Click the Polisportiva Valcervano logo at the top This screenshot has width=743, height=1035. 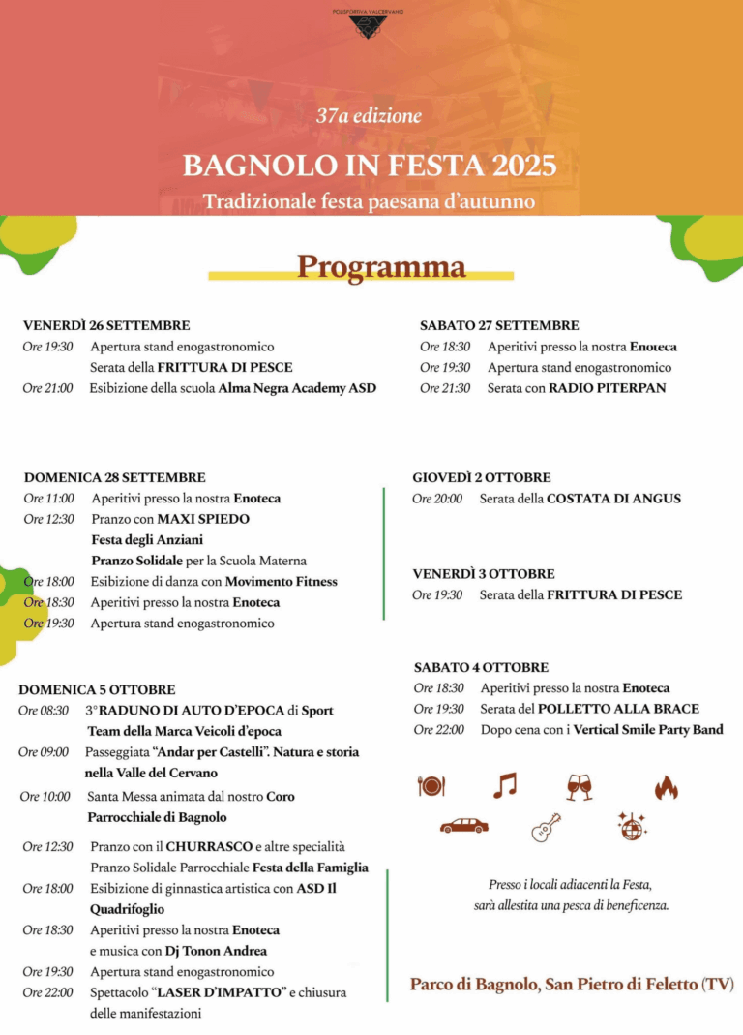click(x=368, y=24)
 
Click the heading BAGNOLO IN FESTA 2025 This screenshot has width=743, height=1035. click(x=370, y=166)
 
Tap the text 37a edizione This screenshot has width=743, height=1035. click(x=370, y=116)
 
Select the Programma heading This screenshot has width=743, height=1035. click(x=380, y=266)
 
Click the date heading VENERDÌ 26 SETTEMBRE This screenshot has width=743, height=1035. click(x=106, y=325)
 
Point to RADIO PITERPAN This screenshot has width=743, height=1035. click(x=607, y=388)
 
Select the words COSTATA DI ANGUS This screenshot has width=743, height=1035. click(x=613, y=499)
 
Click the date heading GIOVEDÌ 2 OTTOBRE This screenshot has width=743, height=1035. click(x=482, y=477)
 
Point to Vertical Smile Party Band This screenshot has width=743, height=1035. click(x=648, y=730)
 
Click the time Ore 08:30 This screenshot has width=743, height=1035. click(x=44, y=711)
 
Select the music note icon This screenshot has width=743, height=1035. click(x=504, y=785)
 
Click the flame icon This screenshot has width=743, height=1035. click(x=666, y=787)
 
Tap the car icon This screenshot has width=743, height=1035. click(x=464, y=826)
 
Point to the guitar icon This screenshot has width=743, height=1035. click(x=546, y=827)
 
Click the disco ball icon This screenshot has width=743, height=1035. click(x=632, y=826)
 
